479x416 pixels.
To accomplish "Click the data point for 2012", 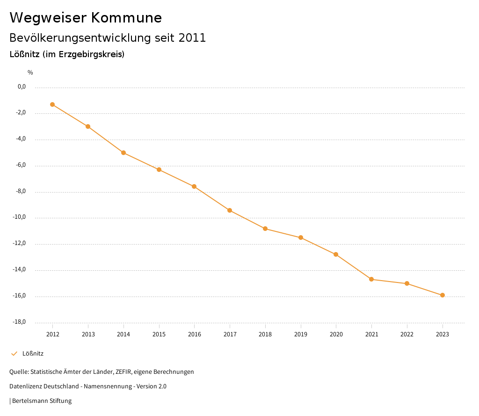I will coord(52,104).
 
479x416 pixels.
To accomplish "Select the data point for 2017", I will coord(230,210).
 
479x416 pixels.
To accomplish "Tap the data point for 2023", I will coord(443,295).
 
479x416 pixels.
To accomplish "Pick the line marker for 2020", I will coord(336,254).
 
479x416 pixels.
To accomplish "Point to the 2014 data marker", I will coord(123,153).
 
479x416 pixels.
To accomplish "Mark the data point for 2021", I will coord(371,279).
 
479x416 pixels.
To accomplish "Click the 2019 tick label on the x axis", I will coord(301,334).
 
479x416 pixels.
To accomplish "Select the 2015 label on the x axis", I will coord(159,334).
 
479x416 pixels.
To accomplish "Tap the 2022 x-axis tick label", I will coord(407,334).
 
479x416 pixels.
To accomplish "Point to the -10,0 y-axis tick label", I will coord(19,217).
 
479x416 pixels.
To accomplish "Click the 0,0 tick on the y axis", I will coord(22,87).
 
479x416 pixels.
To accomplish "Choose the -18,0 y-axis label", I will coord(19,322).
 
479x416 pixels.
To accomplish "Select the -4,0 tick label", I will coord(20,139).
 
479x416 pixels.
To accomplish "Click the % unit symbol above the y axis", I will coord(30,72).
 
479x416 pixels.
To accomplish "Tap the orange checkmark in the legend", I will coord(14,354).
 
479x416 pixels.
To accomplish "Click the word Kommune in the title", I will coord(126,18).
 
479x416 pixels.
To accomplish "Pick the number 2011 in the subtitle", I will coord(192,38).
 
